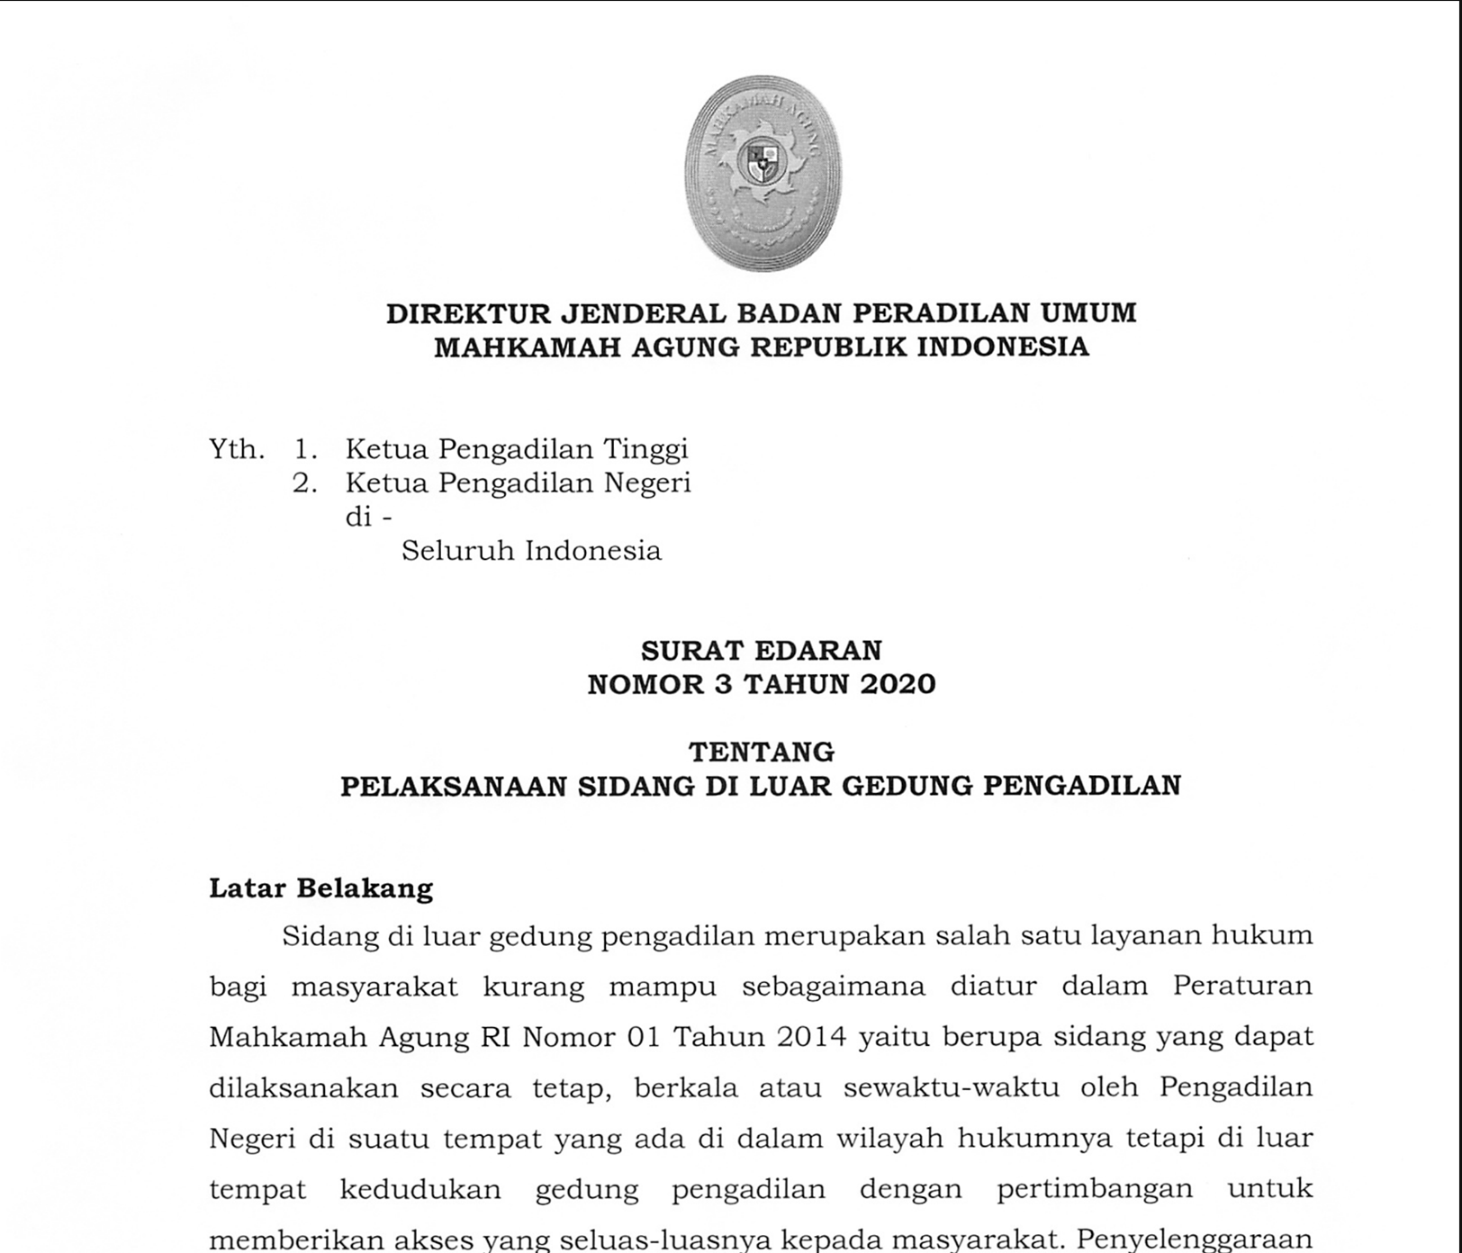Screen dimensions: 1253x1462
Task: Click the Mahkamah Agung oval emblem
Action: point(763,173)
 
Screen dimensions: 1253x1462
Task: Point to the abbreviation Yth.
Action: point(237,449)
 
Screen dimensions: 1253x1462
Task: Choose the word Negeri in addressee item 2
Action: point(646,483)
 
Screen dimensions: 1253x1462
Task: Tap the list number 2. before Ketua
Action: point(305,483)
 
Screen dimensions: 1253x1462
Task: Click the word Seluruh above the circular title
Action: point(456,551)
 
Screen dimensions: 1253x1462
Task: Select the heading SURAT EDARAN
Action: point(762,650)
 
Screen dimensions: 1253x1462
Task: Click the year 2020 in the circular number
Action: point(898,684)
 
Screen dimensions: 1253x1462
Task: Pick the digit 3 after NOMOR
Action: point(724,684)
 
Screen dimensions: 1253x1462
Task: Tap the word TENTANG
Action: point(762,752)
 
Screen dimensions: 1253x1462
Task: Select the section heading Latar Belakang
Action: point(321,888)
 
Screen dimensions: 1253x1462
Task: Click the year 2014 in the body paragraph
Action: point(809,1037)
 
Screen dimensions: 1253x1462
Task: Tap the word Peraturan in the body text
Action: point(1242,986)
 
